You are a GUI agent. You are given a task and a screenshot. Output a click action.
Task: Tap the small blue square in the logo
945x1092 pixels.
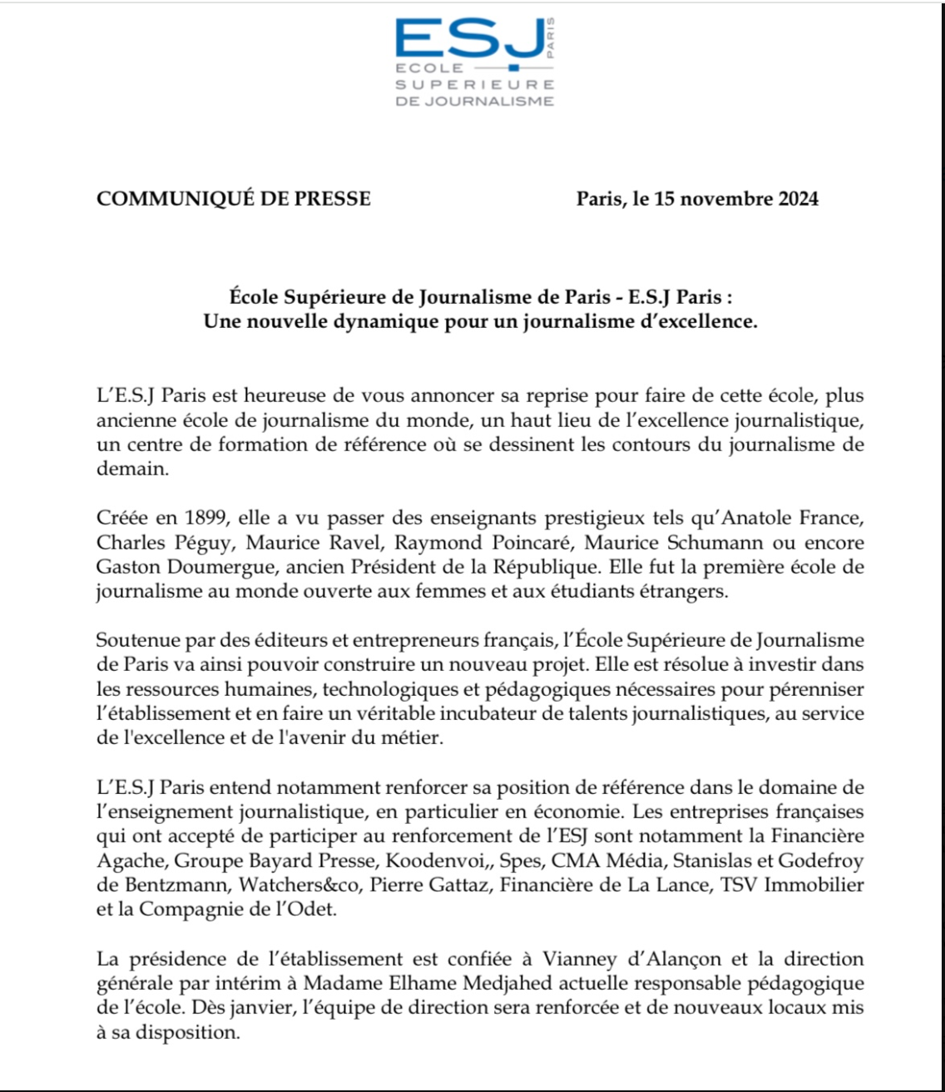[514, 67]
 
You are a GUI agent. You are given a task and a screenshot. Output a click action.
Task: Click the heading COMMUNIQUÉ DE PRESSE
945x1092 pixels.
[234, 199]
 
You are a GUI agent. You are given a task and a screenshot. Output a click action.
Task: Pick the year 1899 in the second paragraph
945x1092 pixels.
[205, 518]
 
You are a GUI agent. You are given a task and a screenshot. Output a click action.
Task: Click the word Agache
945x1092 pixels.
[130, 861]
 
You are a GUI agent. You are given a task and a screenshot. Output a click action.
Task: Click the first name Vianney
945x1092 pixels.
[579, 959]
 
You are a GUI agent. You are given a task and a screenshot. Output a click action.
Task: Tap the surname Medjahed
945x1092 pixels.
[507, 983]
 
